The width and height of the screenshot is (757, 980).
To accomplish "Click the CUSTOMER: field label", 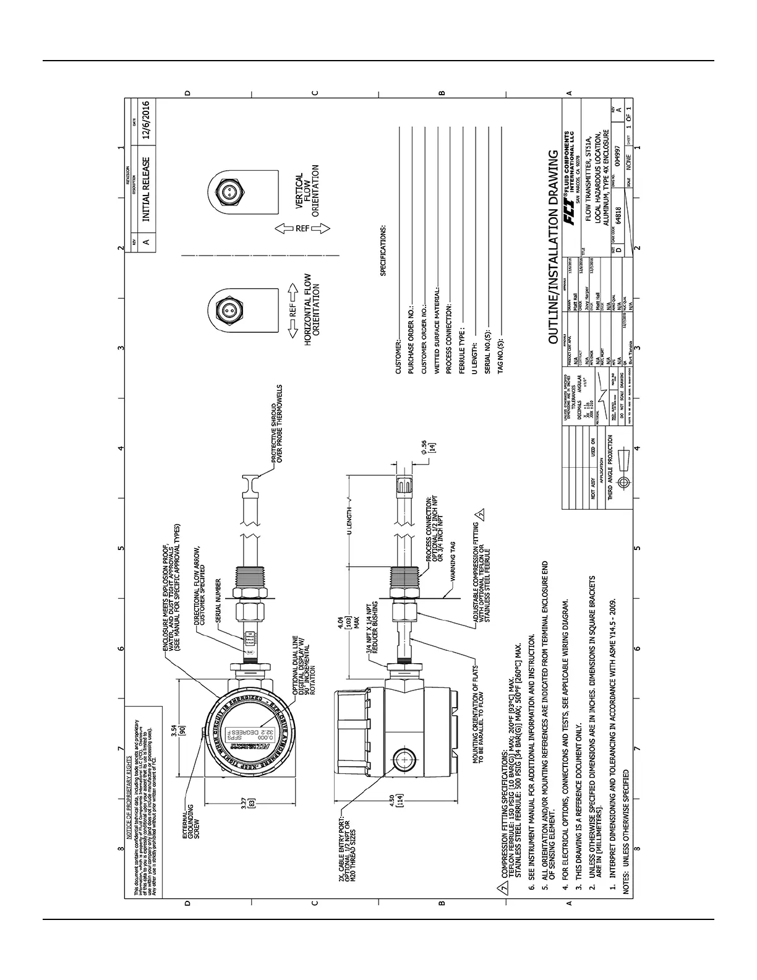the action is [399, 358].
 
